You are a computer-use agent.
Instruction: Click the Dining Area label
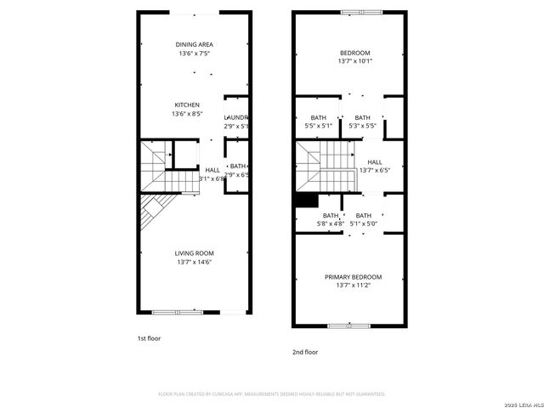194,44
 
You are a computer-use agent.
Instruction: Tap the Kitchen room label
187,105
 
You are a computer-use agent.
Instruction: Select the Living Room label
194,253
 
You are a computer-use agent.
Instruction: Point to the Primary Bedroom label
353,277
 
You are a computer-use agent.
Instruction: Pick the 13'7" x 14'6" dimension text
194,263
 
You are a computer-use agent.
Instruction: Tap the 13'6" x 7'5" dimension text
194,54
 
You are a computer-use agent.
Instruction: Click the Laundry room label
235,117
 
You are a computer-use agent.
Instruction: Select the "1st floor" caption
149,337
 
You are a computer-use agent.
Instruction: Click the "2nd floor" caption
304,351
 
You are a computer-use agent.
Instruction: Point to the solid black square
305,201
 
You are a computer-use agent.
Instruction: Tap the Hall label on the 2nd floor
374,161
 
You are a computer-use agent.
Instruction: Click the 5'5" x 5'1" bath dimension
319,127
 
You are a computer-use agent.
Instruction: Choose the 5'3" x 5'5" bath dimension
363,127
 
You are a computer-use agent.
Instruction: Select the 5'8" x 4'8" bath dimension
330,224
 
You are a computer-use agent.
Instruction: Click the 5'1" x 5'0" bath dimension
364,224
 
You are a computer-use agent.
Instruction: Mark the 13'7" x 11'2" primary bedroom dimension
353,286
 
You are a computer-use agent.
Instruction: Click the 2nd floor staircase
325,165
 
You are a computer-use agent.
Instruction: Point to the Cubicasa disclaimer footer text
272,394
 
